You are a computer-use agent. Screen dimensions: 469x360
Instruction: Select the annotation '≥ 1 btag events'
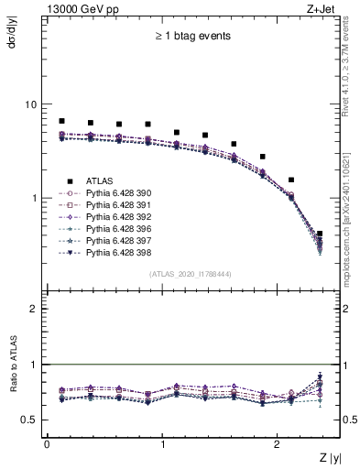pyautogui.click(x=192, y=37)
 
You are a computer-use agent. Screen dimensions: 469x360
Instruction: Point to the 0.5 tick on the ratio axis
pyautogui.click(x=28, y=420)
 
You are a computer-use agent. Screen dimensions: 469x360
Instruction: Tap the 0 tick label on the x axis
pyautogui.click(x=47, y=443)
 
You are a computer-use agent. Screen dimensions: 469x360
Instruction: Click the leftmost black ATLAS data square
pyautogui.click(x=61, y=121)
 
